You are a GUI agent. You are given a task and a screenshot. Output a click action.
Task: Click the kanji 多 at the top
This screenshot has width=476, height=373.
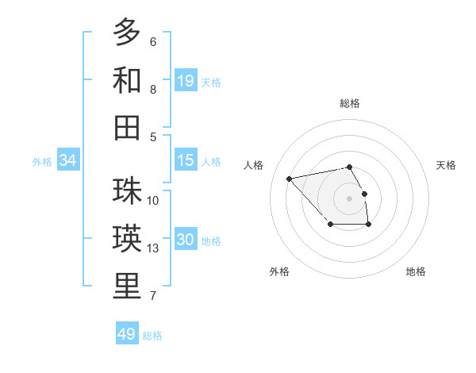(x=127, y=33)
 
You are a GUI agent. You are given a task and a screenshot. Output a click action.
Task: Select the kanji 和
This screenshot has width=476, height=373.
(x=127, y=80)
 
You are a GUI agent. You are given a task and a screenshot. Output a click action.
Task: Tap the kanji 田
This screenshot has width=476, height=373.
(x=127, y=127)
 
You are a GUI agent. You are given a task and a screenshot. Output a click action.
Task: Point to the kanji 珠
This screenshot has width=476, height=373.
(x=127, y=191)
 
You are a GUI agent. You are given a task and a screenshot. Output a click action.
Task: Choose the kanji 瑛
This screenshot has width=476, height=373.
(x=127, y=239)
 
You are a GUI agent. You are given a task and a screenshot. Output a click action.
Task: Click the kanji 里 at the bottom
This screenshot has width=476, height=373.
(x=127, y=286)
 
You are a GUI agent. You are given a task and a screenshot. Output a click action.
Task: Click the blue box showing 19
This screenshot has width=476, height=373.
(x=186, y=80)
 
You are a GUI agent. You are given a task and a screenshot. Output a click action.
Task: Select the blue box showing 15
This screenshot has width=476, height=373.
(x=186, y=160)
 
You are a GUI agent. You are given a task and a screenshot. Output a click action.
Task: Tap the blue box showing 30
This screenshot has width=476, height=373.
(x=186, y=240)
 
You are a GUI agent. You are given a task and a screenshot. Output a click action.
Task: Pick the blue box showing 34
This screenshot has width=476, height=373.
(x=68, y=160)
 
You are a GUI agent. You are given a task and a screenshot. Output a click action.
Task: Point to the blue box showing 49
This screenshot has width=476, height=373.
(x=127, y=334)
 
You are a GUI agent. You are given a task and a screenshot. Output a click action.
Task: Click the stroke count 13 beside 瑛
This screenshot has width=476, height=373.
(x=154, y=248)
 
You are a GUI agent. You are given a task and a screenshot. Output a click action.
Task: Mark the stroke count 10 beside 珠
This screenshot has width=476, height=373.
(x=154, y=200)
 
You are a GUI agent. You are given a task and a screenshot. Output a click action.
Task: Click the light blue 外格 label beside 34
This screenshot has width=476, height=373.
(x=42, y=161)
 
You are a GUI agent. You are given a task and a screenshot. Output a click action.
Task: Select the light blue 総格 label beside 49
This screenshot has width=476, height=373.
(x=152, y=335)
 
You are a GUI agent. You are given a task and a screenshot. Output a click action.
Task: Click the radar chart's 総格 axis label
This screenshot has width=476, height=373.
(x=349, y=103)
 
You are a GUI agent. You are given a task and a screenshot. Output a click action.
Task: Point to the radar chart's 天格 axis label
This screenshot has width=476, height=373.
(x=446, y=165)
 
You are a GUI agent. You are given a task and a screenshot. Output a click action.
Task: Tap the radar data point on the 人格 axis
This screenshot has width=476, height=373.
(x=290, y=179)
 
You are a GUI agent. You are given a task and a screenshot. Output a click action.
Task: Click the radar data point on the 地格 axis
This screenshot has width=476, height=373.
(x=369, y=225)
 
